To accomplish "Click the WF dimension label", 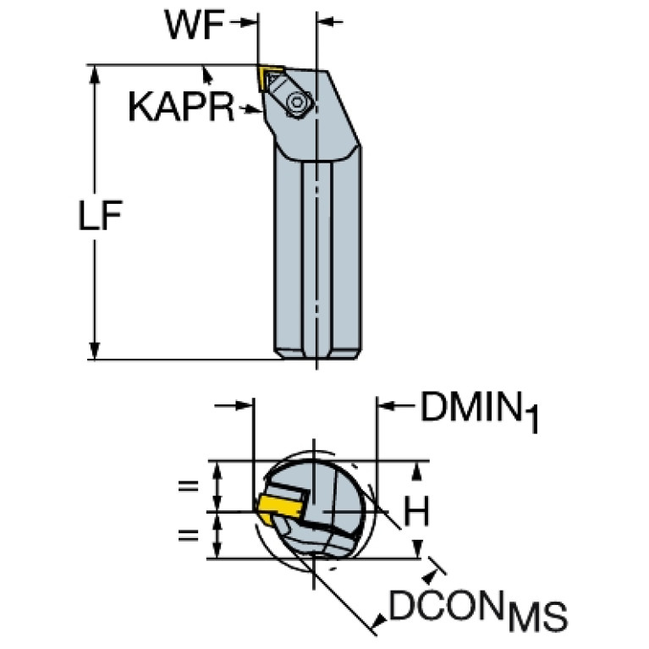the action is [195, 25].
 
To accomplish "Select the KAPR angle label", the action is [181, 107].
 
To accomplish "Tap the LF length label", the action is [100, 215].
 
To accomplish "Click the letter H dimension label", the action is [417, 510].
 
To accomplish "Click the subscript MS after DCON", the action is [537, 616].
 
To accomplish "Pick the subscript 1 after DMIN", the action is [532, 419].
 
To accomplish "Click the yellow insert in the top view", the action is [268, 77].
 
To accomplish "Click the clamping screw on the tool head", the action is [297, 102].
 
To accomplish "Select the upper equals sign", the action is [189, 486].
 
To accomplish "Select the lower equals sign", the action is [189, 536].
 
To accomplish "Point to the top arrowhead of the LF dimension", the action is [95, 74].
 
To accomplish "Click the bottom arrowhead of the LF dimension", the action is [95, 351].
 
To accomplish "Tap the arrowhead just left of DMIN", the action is [387, 406].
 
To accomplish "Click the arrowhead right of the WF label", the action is [248, 23].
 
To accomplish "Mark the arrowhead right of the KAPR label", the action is [253, 110].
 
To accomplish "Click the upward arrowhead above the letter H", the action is [418, 471].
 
